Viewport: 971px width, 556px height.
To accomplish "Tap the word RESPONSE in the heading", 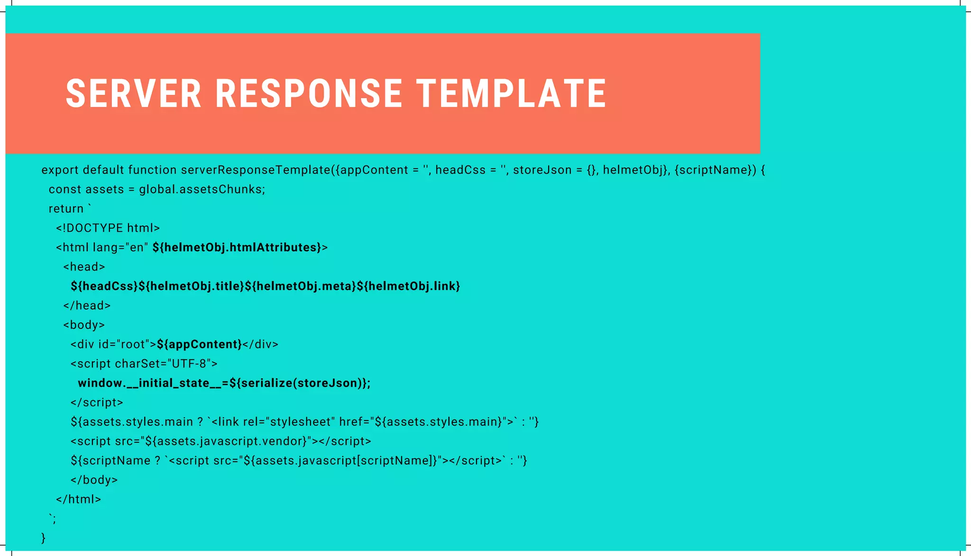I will pos(309,93).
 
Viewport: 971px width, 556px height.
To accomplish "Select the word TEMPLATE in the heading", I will pos(512,93).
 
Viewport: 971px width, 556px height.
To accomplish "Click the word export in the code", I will pos(60,170).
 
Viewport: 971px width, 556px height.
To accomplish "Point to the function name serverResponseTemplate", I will pos(256,170).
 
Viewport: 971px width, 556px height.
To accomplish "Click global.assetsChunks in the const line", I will pos(202,190).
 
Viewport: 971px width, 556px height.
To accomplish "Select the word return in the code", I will pos(66,209).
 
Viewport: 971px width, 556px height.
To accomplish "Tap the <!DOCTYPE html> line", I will pos(108,228).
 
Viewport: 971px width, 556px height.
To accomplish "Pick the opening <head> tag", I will pos(84,267).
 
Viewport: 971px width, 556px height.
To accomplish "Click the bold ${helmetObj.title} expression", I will pos(192,286).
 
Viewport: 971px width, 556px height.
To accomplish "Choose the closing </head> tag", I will pos(87,306).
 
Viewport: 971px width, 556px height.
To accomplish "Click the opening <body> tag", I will pos(84,325).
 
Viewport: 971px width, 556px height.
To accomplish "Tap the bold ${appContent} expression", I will pos(199,345).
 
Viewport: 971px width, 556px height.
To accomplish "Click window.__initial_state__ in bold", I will pos(149,383).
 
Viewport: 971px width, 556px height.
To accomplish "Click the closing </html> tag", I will pos(78,499).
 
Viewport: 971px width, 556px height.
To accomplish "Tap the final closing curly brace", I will pos(44,538).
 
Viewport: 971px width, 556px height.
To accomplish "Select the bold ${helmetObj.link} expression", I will pos(408,286).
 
